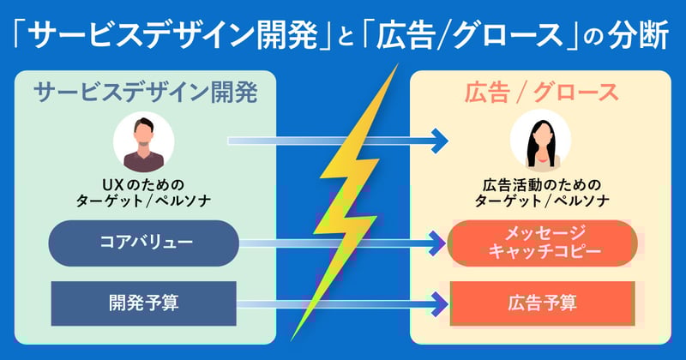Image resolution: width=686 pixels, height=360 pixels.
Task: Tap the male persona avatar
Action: point(144,142)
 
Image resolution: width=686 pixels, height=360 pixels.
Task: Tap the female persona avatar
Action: point(540,142)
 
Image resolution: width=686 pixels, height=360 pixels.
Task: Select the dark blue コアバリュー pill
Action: point(143,243)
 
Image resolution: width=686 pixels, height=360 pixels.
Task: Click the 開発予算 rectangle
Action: point(143,302)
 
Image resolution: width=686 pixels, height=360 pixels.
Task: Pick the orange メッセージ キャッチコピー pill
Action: point(542,243)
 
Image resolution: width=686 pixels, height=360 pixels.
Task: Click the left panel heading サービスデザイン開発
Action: point(145,92)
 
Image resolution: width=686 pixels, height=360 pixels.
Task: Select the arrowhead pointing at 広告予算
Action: point(439,302)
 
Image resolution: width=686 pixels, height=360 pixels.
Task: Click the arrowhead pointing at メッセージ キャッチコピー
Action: point(439,243)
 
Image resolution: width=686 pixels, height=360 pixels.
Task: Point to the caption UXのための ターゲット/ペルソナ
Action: point(143,194)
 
